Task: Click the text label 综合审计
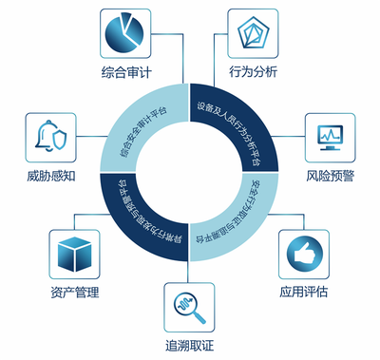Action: click(128, 72)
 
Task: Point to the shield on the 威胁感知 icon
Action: click(59, 142)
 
